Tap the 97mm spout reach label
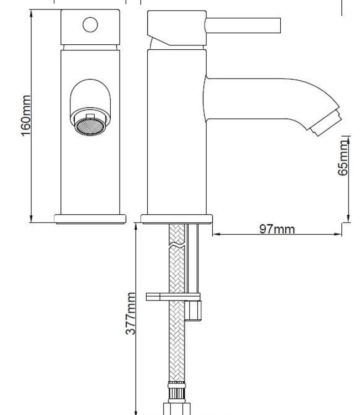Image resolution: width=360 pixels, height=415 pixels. pos(277,229)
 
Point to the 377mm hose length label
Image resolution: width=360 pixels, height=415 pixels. pos(131,313)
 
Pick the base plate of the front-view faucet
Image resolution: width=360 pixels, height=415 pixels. pos(90,218)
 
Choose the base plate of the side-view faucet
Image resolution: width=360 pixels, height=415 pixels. pos(176,218)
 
